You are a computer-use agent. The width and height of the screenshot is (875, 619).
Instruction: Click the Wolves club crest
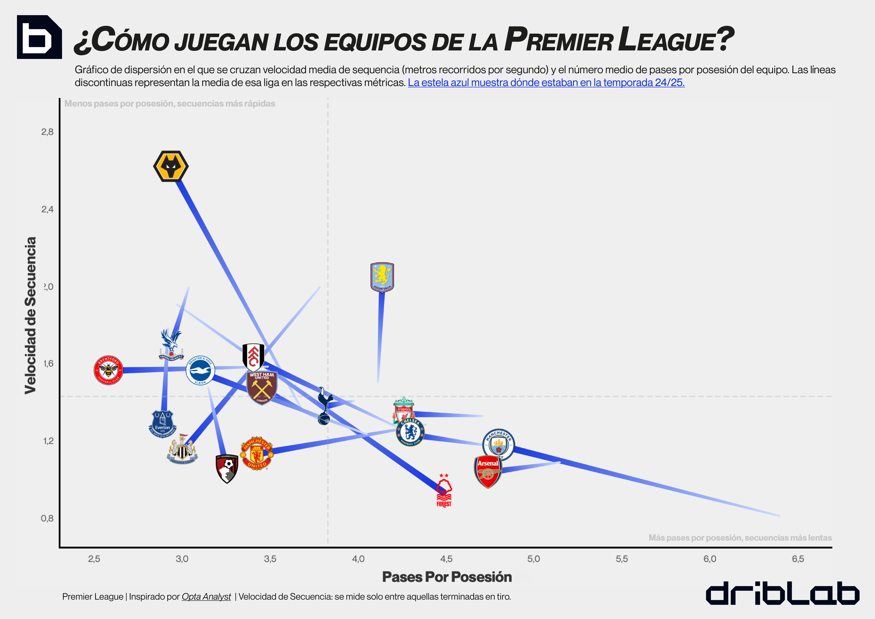(171, 167)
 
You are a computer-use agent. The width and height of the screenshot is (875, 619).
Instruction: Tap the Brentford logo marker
(109, 370)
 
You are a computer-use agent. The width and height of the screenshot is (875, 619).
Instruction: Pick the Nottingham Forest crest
(444, 491)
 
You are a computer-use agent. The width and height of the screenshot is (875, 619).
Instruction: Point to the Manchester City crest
(499, 444)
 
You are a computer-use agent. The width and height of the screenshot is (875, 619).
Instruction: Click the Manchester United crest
(257, 454)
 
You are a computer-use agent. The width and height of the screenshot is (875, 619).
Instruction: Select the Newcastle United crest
(183, 451)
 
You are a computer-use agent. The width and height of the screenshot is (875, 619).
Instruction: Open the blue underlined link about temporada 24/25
(546, 83)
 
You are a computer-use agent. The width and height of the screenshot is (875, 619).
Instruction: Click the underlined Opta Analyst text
(206, 597)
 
